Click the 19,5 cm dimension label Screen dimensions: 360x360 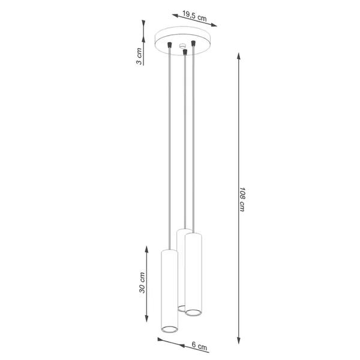tap(191, 17)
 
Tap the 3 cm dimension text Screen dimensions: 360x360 tap(139, 56)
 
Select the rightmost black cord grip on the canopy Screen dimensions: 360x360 tap(194, 43)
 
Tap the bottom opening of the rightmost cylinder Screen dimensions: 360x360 tap(193, 312)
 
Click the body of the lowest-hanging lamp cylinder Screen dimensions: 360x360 tap(170, 288)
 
